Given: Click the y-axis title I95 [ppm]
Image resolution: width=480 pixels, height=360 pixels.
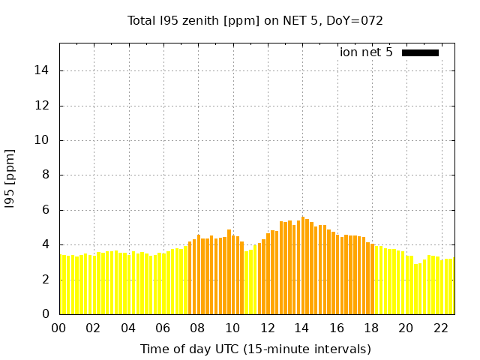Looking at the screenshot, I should pyautogui.click(x=10, y=178).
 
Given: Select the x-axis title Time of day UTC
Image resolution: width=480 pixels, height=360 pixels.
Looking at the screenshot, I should pyautogui.click(x=255, y=349).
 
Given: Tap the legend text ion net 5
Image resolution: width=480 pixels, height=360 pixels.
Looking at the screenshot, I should pyautogui.click(x=366, y=52).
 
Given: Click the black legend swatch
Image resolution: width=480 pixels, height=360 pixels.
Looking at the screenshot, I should pyautogui.click(x=420, y=52).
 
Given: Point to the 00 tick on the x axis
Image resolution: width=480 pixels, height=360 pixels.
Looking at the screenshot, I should pyautogui.click(x=59, y=328).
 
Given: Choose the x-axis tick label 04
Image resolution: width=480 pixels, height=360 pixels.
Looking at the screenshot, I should pyautogui.click(x=128, y=328).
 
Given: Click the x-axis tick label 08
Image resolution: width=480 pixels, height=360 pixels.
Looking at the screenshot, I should pyautogui.click(x=198, y=328).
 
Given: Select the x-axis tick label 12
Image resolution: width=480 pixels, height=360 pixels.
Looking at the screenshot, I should pyautogui.click(x=268, y=328).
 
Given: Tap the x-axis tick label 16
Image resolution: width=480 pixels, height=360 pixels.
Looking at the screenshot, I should pyautogui.click(x=337, y=328).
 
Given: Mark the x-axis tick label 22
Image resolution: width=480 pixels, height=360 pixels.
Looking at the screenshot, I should pyautogui.click(x=441, y=328).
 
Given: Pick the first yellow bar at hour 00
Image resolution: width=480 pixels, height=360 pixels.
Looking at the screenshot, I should pyautogui.click(x=61, y=285).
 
